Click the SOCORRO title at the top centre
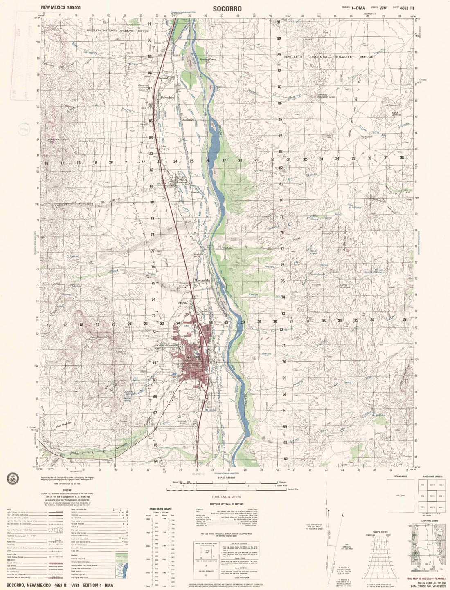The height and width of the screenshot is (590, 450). coord(227,9)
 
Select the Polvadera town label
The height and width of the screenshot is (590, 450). coord(168,98)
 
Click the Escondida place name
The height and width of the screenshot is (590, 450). coord(202,280)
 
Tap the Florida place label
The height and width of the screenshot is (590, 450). coord(182,302)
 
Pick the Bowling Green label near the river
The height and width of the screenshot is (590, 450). coord(207,59)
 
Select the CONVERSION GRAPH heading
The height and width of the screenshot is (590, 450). coord(160,509)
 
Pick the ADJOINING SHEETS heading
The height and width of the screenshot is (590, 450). coord(434,477)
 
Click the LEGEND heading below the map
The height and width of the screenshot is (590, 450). coord(67,490)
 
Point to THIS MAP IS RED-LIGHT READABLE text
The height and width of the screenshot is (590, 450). coord(426,579)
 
